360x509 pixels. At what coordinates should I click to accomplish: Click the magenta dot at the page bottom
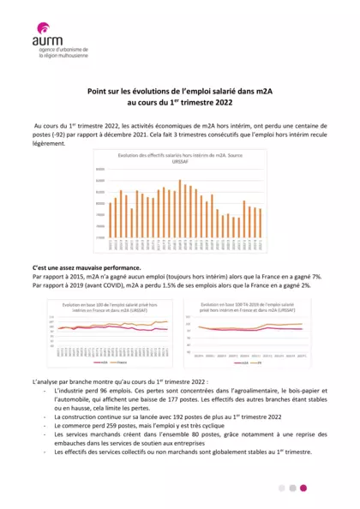tap(303, 488)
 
